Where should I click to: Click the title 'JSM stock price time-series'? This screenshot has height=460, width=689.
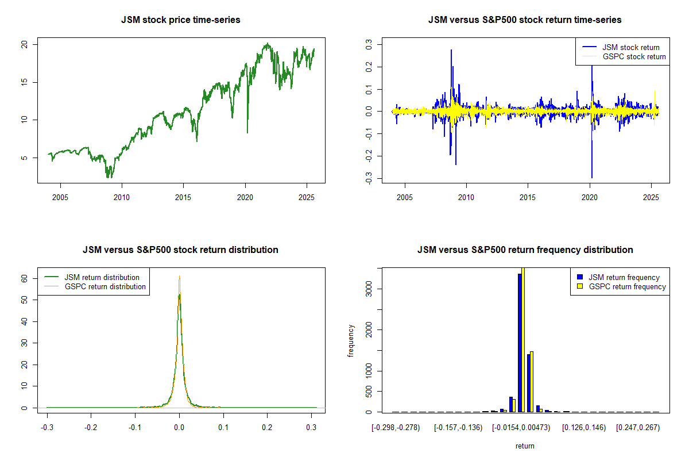(x=180, y=20)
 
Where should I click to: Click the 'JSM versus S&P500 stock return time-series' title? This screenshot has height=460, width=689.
(x=525, y=20)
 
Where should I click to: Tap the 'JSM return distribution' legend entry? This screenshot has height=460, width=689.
(x=102, y=277)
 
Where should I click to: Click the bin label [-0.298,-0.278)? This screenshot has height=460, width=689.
(x=396, y=428)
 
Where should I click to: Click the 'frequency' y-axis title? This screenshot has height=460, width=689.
(x=351, y=341)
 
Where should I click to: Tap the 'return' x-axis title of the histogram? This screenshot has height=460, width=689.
(x=525, y=446)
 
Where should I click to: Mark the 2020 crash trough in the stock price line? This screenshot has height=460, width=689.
(x=247, y=133)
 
